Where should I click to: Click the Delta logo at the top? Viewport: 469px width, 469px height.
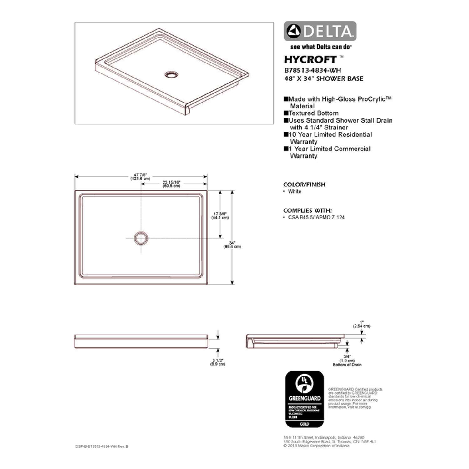point(320,31)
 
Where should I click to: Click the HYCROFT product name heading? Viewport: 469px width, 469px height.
point(310,59)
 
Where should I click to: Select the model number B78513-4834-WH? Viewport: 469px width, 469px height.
point(312,70)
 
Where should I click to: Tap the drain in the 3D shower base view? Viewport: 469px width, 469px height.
point(171,75)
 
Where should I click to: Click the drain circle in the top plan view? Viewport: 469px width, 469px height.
point(141,238)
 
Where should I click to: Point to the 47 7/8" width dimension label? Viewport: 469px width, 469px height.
point(140,177)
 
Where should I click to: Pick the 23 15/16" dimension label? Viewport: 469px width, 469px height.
point(171,184)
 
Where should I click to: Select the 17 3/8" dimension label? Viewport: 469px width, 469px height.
point(220,215)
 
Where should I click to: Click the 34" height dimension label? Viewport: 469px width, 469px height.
point(232,245)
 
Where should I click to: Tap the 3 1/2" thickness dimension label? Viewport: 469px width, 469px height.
point(218,362)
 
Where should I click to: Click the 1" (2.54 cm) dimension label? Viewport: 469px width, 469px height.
point(361,324)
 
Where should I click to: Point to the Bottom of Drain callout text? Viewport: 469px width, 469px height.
point(347,365)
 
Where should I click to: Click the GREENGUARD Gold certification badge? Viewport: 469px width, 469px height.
point(305,399)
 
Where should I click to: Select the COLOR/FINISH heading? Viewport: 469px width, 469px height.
point(304,184)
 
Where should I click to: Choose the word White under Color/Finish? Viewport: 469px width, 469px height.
point(295,191)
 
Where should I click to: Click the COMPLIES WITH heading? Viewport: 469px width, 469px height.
point(307,210)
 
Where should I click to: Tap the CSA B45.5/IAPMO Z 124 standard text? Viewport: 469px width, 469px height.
point(316,217)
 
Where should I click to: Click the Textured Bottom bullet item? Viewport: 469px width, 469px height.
point(313,113)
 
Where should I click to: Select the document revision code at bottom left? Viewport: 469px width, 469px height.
point(102,446)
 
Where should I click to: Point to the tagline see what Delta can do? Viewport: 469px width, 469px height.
point(321,47)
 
